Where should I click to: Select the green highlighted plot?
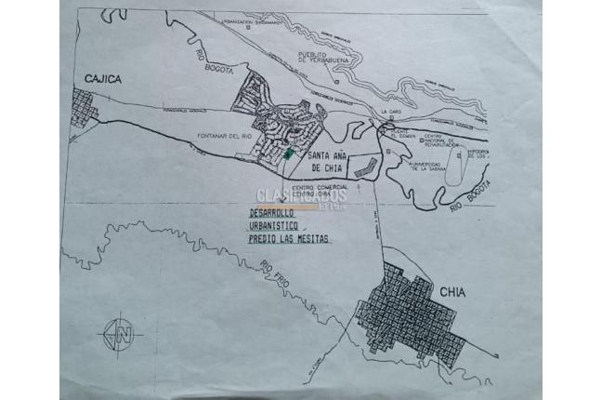(288, 152)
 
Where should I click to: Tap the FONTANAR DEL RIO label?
(225, 137)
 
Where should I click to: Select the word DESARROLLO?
(269, 211)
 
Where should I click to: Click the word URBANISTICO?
(274, 224)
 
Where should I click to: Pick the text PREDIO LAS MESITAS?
(288, 238)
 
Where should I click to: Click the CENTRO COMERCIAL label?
(318, 188)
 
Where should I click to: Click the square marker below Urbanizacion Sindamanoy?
(248, 26)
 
